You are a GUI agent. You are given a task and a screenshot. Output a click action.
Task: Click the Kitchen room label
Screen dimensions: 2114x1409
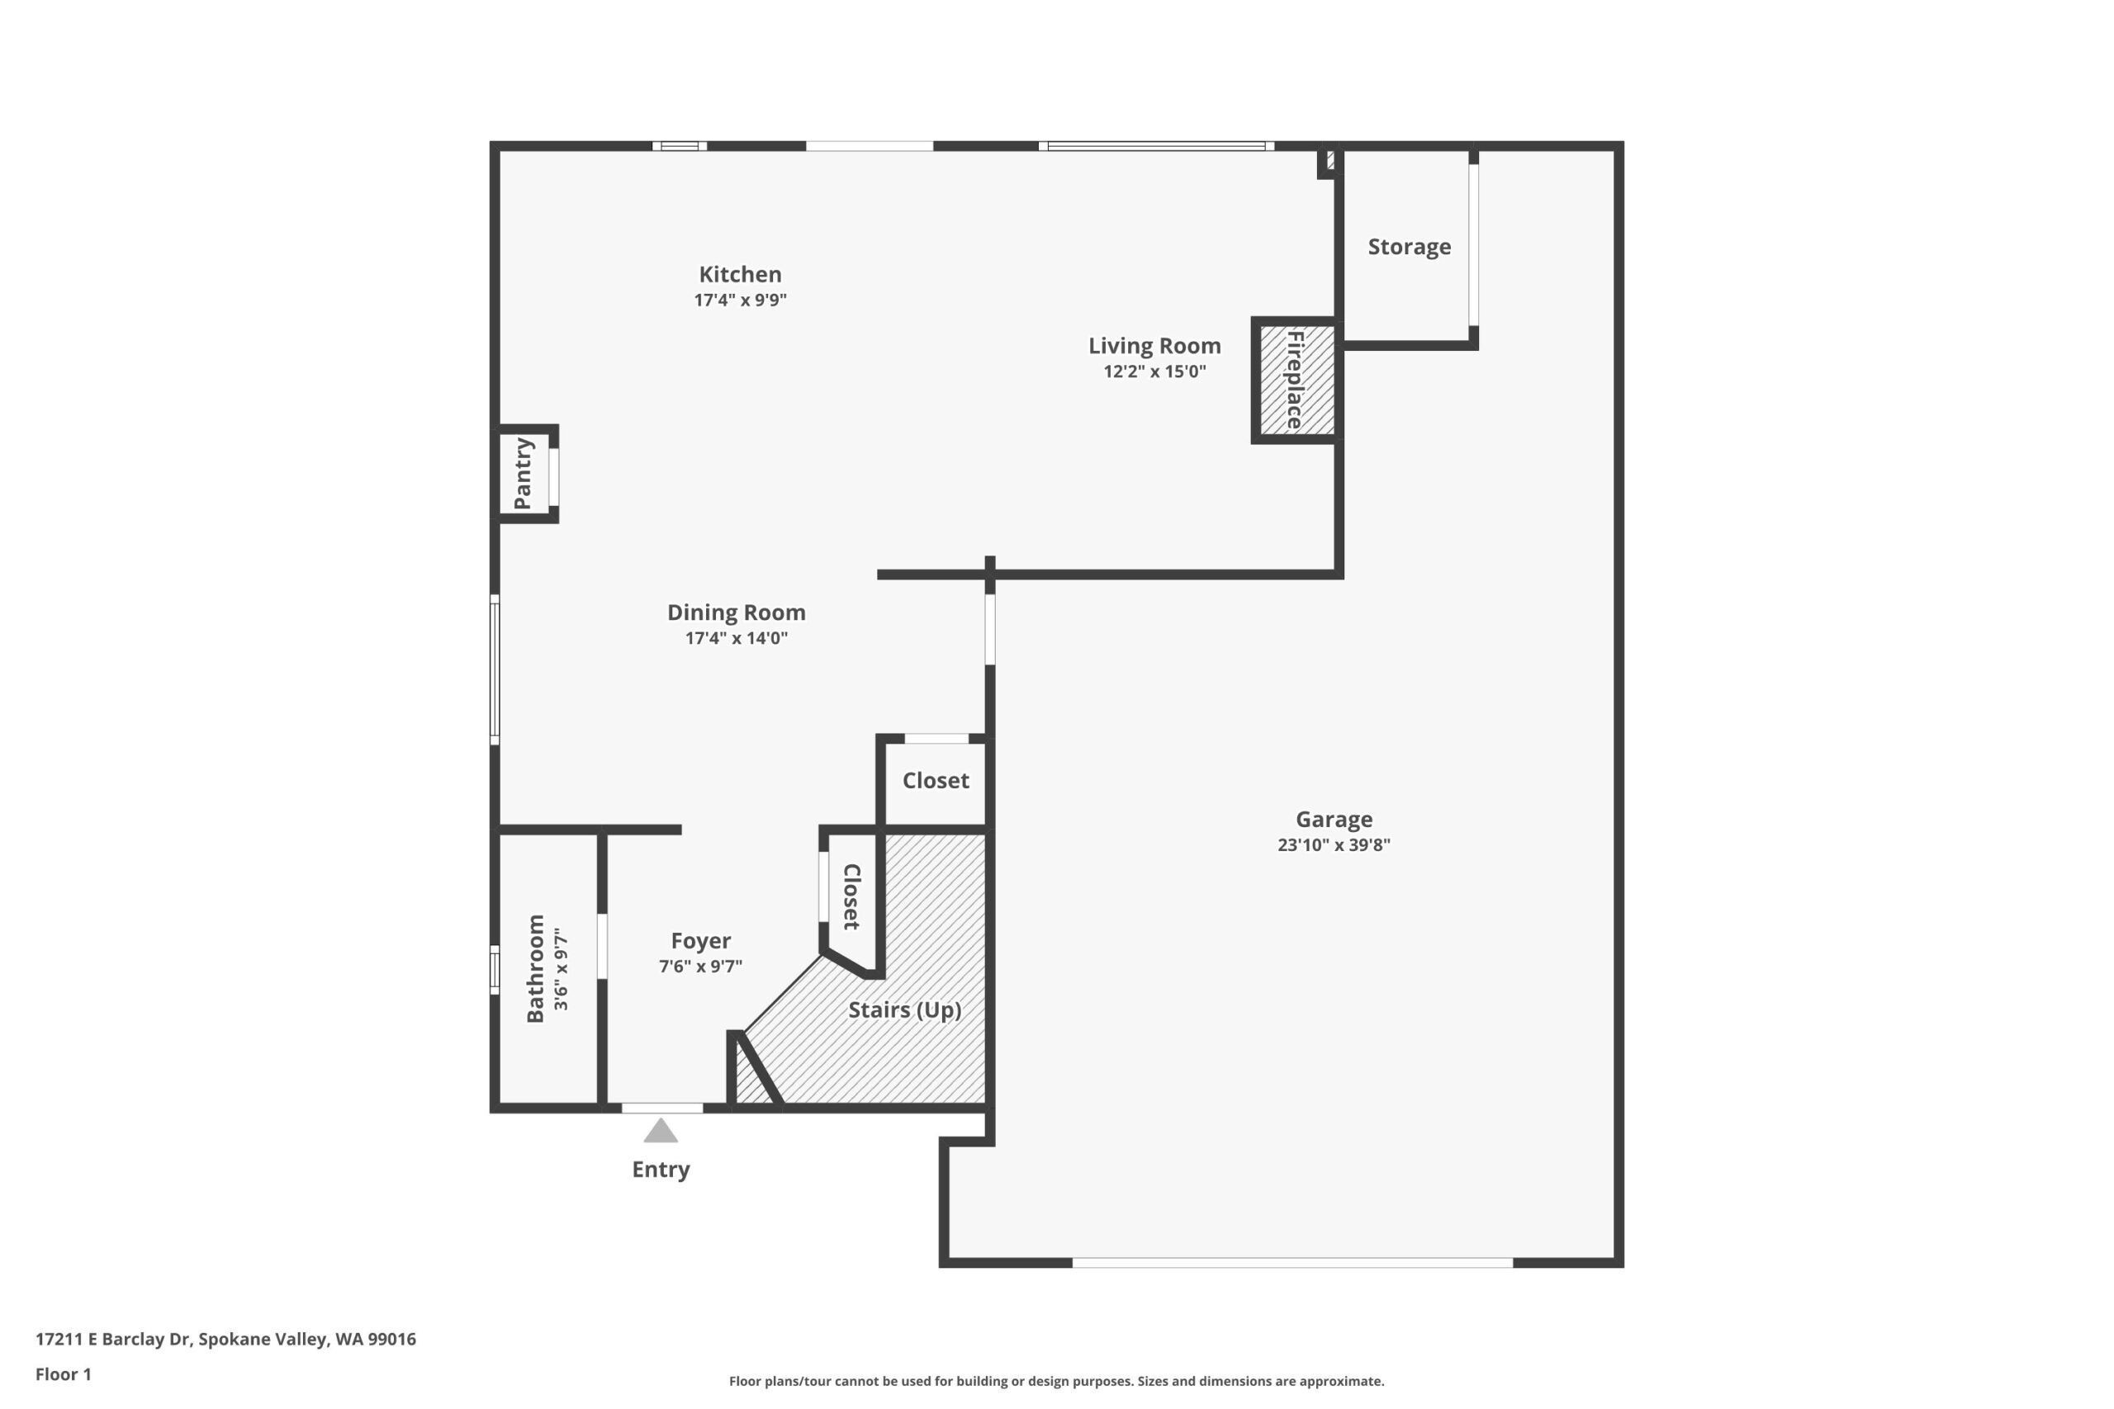tap(740, 274)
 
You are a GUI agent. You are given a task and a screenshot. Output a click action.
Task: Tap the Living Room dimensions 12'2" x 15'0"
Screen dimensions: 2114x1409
tap(1154, 371)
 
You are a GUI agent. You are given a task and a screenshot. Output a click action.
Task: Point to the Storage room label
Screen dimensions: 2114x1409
tap(1409, 247)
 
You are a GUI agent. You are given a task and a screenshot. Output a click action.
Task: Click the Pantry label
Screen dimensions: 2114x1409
tap(523, 474)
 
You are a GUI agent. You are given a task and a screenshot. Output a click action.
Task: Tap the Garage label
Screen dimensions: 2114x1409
tap(1333, 820)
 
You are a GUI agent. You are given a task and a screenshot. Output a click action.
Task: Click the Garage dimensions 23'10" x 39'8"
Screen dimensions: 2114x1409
tap(1333, 844)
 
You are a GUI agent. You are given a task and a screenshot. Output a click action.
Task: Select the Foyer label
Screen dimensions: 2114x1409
tap(700, 941)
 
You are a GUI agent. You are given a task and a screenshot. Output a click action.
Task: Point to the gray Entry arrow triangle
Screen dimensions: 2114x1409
tap(661, 1132)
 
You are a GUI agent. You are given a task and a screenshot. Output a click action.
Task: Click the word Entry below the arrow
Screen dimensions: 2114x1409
tap(661, 1169)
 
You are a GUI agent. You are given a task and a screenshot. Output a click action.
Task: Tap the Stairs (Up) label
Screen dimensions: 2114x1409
tap(904, 1010)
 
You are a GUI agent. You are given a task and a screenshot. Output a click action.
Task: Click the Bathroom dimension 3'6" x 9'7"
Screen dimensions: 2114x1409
tap(561, 969)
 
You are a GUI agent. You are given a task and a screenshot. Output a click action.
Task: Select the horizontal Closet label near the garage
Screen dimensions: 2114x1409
tap(936, 781)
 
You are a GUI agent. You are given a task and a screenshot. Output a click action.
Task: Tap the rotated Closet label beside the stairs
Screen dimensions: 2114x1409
tap(851, 896)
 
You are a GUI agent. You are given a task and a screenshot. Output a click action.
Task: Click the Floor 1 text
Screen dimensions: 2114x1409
tap(63, 1374)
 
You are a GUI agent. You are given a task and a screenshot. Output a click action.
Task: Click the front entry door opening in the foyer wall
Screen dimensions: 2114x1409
tap(661, 1108)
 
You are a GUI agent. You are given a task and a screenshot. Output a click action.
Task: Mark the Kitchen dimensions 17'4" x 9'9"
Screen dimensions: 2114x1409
tap(740, 300)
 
